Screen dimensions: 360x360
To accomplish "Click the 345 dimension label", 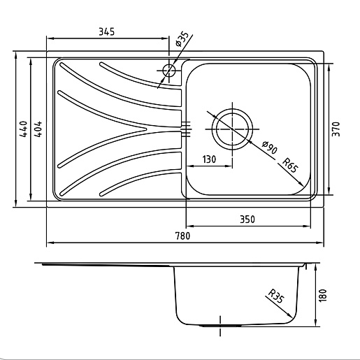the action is (x=107, y=31).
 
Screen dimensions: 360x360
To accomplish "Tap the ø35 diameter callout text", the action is (x=182, y=39).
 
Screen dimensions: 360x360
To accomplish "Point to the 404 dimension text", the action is (x=37, y=129).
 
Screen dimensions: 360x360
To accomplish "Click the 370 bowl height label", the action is (x=336, y=129).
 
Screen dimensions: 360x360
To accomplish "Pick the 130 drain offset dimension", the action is (x=209, y=159).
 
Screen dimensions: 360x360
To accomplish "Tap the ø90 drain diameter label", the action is (x=270, y=147).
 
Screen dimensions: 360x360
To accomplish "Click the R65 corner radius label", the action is (x=290, y=165).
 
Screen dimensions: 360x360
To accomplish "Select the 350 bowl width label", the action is (x=247, y=219).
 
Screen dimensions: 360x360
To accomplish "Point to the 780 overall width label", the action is (x=182, y=236).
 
